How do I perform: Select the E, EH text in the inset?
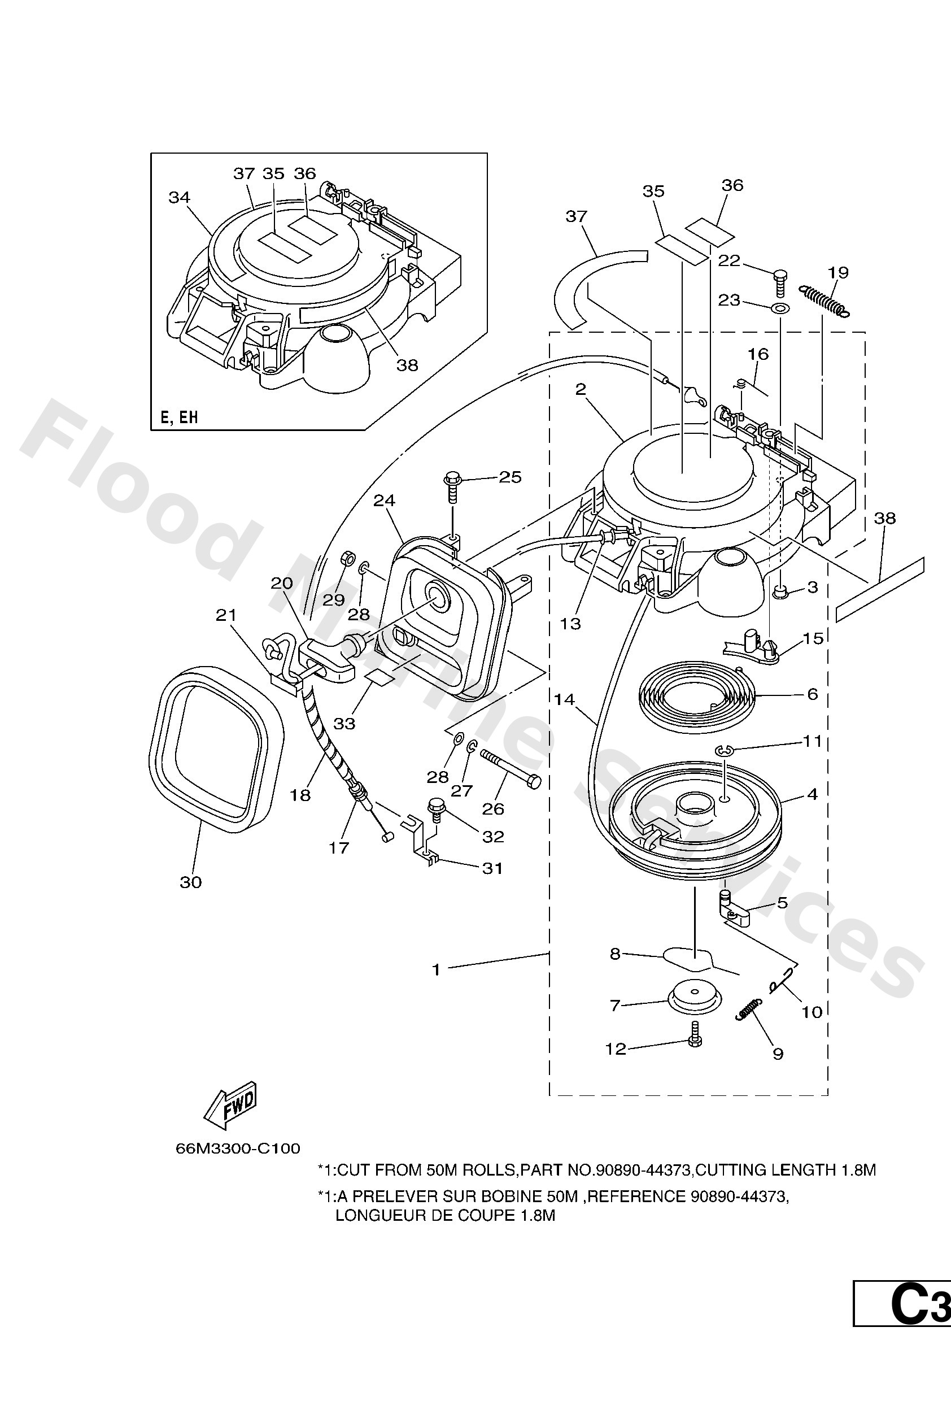(x=179, y=417)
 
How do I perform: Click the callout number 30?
(x=190, y=882)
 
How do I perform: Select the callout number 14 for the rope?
(x=565, y=699)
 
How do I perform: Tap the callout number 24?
(x=384, y=501)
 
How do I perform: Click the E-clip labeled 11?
(x=723, y=751)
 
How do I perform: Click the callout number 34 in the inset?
(x=180, y=197)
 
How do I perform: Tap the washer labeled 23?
(x=779, y=309)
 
